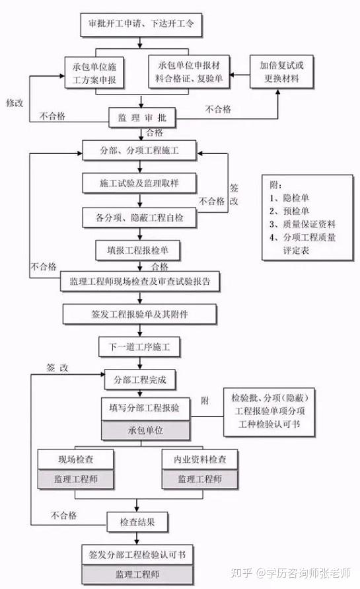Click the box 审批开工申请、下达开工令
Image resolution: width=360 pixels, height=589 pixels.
[x=141, y=25]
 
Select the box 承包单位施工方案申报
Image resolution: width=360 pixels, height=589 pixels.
[x=94, y=73]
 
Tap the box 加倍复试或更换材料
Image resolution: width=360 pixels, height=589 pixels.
[x=281, y=72]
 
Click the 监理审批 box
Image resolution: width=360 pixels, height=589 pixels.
[x=142, y=118]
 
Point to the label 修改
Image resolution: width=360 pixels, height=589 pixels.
[x=15, y=102]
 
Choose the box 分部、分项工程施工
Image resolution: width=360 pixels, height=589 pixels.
[x=139, y=150]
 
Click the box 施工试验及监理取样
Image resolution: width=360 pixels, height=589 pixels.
[x=139, y=183]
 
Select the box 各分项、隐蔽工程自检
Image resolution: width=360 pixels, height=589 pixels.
[x=139, y=217]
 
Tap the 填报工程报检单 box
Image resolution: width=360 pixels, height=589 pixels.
[x=138, y=251]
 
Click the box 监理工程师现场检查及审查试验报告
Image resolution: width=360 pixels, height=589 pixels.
[x=140, y=282]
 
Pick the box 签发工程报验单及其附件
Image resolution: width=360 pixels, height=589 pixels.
[x=139, y=314]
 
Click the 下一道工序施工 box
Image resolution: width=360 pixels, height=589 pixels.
[x=139, y=346]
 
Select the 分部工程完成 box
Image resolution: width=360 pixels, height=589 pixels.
[x=140, y=379]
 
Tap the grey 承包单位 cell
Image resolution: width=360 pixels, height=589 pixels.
[x=146, y=430]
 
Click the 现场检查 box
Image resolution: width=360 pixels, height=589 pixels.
[x=76, y=459]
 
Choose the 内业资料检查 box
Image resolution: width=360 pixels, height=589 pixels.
[x=200, y=459]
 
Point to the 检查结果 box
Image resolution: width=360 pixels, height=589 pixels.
[x=137, y=522]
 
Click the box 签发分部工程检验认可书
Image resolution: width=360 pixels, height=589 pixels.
[x=137, y=555]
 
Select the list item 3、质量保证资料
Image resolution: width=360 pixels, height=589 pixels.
[x=303, y=224]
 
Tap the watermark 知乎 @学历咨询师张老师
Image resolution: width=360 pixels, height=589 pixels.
[x=291, y=573]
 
